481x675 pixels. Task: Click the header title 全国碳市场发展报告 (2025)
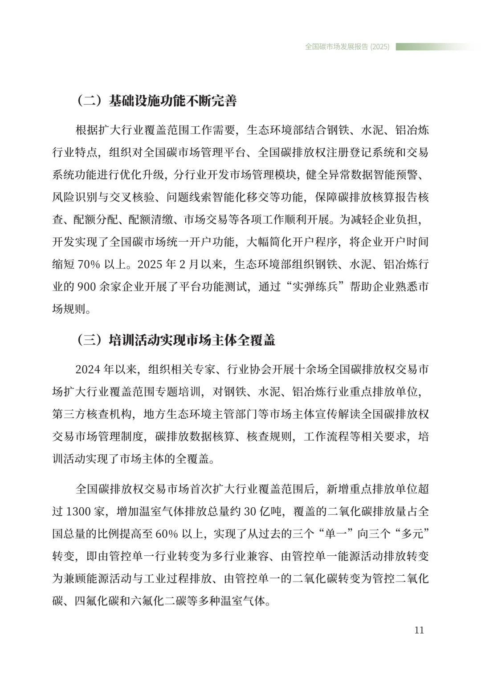[347, 47]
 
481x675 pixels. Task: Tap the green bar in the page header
[432, 47]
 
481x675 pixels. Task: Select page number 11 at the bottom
[419, 630]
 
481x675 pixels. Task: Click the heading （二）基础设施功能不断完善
[156, 101]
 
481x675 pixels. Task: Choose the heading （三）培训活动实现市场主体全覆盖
[176, 340]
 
